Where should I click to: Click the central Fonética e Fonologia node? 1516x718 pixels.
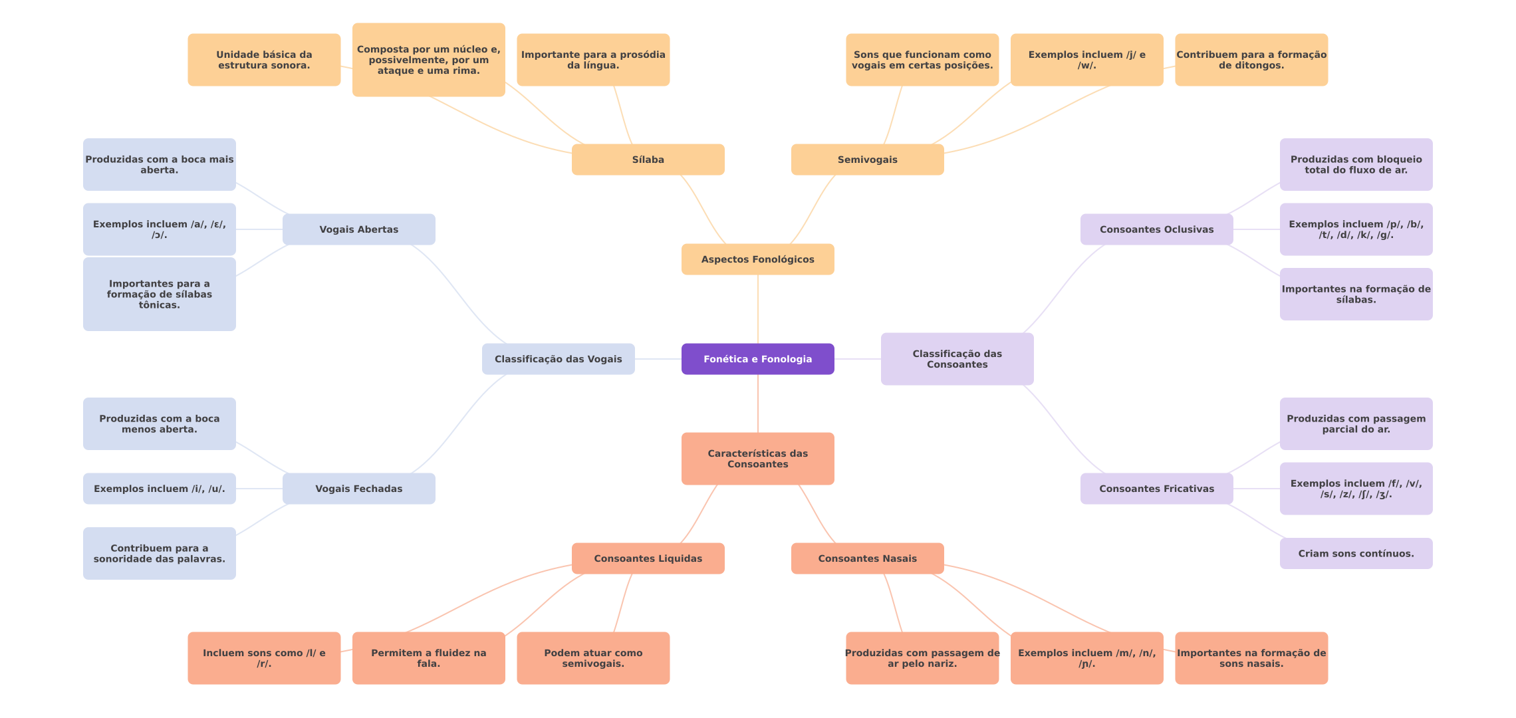(757, 359)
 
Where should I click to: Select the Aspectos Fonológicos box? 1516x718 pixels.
(757, 259)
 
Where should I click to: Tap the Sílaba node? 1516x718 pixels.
(648, 160)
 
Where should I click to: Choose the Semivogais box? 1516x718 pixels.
(867, 160)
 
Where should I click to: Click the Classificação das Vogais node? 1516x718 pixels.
(558, 359)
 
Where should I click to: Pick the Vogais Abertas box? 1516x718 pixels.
(358, 229)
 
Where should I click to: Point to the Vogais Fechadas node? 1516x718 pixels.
(358, 489)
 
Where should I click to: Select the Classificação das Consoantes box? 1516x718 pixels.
(957, 359)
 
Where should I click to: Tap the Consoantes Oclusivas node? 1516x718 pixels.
(1156, 229)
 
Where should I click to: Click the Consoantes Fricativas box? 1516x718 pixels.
(1156, 489)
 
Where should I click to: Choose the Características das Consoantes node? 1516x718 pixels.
(757, 459)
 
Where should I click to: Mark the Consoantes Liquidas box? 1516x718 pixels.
(648, 558)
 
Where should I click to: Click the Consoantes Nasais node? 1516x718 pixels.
(867, 558)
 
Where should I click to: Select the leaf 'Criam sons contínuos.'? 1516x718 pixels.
(1356, 554)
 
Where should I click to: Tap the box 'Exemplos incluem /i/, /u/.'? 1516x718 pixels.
(159, 489)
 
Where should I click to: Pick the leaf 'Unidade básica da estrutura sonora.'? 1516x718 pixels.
(264, 60)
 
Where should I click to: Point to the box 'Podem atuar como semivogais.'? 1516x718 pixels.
(593, 658)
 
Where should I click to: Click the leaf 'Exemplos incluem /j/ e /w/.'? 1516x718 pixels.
(1086, 60)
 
